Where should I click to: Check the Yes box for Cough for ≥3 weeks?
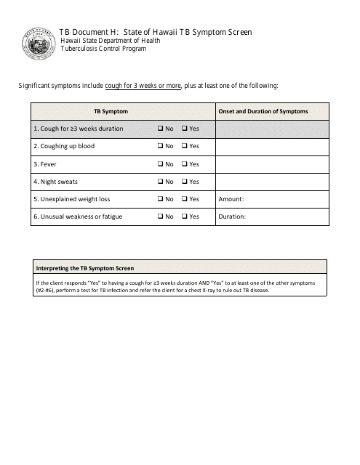coord(184,129)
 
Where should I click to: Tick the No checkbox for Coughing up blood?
coord(160,146)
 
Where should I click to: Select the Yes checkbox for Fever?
coord(184,163)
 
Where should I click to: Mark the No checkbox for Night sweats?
coord(160,181)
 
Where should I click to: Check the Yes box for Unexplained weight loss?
coord(184,198)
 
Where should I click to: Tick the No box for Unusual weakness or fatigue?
coord(160,217)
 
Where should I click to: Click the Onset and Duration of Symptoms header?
coord(263,111)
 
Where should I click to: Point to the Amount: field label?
coord(231,199)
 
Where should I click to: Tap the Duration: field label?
coord(233,217)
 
